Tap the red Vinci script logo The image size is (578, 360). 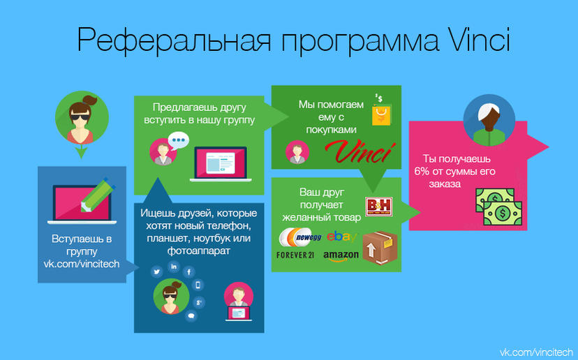tap(360, 151)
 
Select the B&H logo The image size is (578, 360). tap(378, 207)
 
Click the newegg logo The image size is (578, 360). tap(300, 237)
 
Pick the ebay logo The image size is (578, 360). tap(342, 237)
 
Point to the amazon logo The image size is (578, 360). tap(341, 256)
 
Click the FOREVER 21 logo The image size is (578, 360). tap(295, 255)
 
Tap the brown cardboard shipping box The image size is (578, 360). tap(380, 248)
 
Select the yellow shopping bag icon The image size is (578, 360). tap(381, 114)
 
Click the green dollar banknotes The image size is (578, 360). tap(498, 207)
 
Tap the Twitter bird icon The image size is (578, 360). tap(156, 272)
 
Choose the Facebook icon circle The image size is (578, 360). tap(188, 272)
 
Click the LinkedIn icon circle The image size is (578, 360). tap(174, 267)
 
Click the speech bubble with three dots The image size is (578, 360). tap(179, 141)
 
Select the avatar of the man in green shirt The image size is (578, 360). tap(489, 120)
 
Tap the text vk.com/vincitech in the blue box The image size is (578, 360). tap(82, 264)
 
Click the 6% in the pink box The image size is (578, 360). tap(422, 172)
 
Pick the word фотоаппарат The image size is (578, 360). tap(199, 251)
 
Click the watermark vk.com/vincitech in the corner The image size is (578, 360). tap(536, 352)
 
